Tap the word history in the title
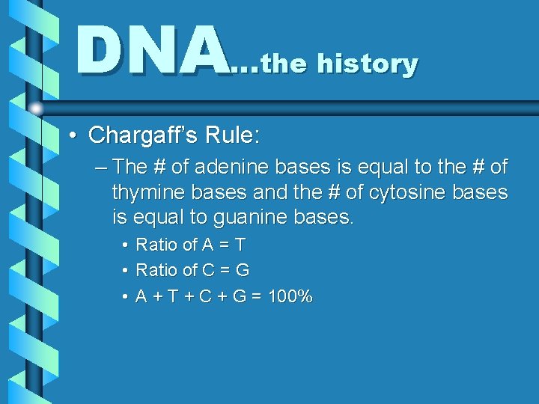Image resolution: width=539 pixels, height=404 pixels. tap(367, 64)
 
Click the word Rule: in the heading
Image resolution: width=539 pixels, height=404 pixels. tap(233, 135)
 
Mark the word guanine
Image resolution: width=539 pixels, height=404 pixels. tap(278, 218)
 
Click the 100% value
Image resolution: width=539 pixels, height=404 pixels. tap(290, 297)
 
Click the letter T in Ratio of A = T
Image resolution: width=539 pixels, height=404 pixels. tap(240, 245)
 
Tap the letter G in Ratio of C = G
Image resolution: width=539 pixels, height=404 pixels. tap(242, 270)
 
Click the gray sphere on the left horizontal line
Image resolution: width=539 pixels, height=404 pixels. tap(35, 108)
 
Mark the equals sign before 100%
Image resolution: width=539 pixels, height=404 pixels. tap(257, 297)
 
